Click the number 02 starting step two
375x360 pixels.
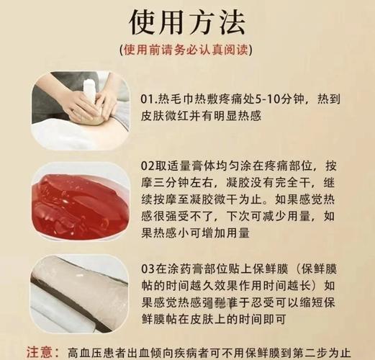point(148,166)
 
